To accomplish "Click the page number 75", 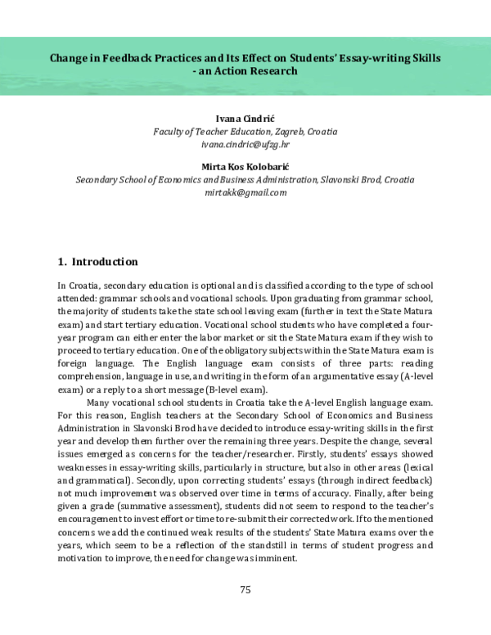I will [x=245, y=589].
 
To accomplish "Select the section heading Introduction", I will [x=105, y=262].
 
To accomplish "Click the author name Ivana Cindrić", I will [x=245, y=119].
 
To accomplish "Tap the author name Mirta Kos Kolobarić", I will [x=245, y=166].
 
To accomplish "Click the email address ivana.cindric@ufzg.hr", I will [x=245, y=144].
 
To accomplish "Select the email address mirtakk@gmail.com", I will [x=245, y=192].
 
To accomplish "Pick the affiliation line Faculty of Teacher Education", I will [x=245, y=132].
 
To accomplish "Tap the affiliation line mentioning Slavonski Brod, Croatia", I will [x=245, y=179].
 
